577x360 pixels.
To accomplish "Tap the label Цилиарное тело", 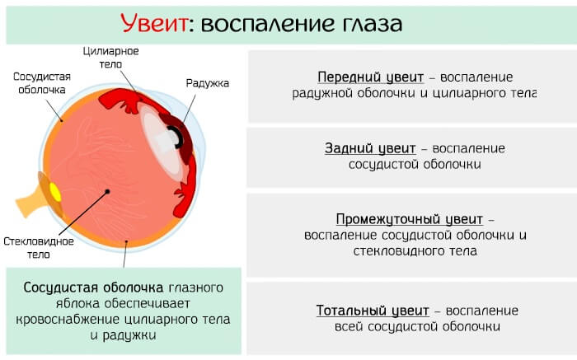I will click(x=110, y=58).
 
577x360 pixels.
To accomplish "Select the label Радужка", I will click(x=207, y=83).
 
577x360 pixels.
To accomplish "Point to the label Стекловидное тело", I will click(x=39, y=248).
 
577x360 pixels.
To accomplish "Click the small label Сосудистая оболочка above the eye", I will click(x=42, y=83).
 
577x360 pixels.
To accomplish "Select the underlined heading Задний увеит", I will click(x=371, y=148).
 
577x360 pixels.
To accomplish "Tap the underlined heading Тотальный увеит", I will click(x=373, y=311).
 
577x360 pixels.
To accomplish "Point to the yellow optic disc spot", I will click(x=55, y=192).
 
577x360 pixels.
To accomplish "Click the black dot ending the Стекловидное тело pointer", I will click(x=107, y=192).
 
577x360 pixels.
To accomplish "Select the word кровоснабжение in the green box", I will click(x=59, y=320).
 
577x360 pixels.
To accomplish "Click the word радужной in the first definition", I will click(x=321, y=93).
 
